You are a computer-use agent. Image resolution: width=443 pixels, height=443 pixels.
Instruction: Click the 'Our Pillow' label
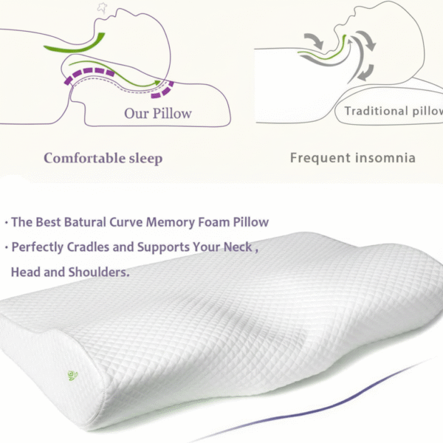157,113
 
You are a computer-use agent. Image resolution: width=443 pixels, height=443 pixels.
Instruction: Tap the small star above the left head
101,7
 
